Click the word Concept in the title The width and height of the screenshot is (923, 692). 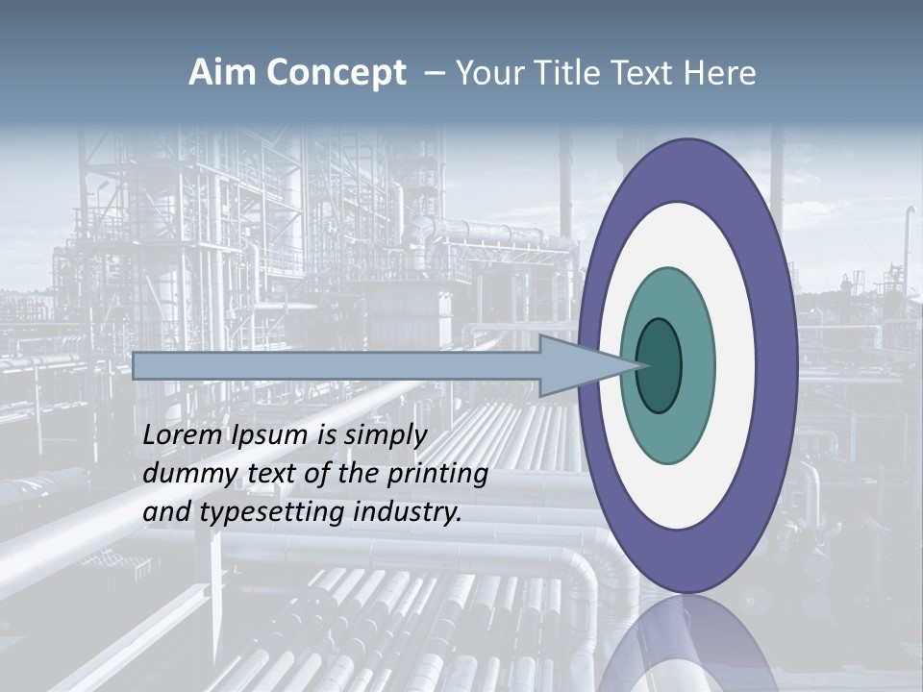336,73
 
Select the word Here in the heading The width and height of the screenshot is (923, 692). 720,73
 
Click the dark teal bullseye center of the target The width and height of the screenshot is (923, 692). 660,366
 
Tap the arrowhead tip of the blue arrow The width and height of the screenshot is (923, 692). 638,365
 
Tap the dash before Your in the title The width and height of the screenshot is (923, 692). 435,74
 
